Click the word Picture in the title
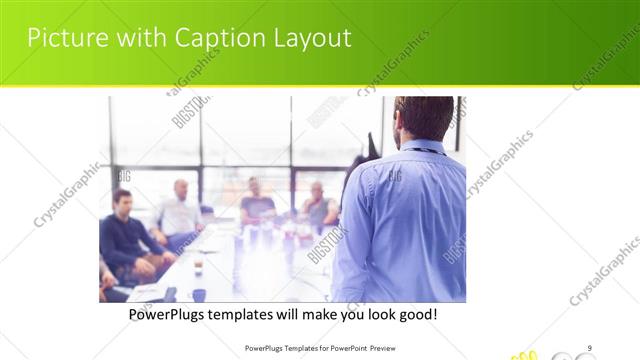(63, 38)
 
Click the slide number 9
(590, 348)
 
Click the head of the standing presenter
(424, 118)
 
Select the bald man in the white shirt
(179, 212)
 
